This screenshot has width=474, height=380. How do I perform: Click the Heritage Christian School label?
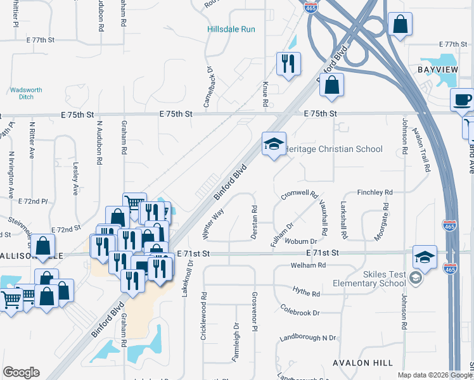[x=334, y=149]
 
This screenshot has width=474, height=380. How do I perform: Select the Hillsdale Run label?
[x=231, y=29]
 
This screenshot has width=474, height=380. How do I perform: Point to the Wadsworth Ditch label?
[x=26, y=94]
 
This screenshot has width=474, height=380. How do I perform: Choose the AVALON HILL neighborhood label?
[x=363, y=363]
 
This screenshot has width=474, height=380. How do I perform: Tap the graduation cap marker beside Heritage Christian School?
[x=274, y=145]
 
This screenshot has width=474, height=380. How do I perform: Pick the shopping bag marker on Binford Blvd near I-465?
[x=331, y=85]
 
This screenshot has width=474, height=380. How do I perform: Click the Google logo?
[x=21, y=372]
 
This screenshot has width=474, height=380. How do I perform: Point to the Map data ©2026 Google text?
[x=434, y=375]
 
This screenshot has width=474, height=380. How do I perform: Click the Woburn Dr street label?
[x=301, y=241]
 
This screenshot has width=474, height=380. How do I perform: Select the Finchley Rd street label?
[x=375, y=192]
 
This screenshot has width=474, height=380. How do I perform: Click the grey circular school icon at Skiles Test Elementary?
[x=415, y=277]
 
